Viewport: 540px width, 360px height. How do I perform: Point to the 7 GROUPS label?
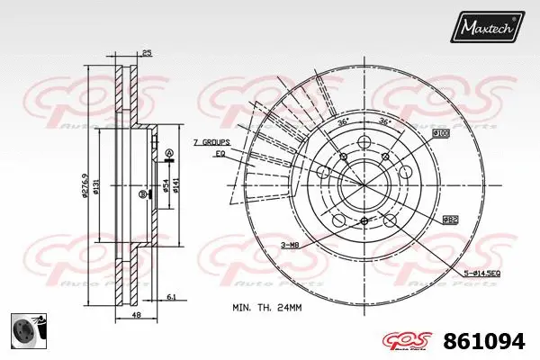coord(211,143)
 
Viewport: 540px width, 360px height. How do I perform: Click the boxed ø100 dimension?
coord(440,134)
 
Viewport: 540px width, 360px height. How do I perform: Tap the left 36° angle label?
coord(342,121)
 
